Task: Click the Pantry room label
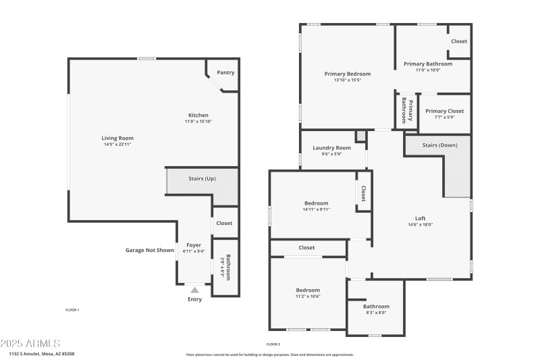225,73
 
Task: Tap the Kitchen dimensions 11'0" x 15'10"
198,122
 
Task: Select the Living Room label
117,138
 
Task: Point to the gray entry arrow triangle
194,290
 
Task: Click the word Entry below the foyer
194,299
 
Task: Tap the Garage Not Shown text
150,250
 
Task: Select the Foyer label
194,245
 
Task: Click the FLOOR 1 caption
72,310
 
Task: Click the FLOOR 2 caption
273,344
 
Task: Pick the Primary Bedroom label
347,74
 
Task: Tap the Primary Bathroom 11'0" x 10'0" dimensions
428,70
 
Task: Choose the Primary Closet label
444,111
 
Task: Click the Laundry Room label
331,148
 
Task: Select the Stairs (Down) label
439,145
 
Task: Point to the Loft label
420,218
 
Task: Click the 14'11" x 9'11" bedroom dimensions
316,209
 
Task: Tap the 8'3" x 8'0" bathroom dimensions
376,313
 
